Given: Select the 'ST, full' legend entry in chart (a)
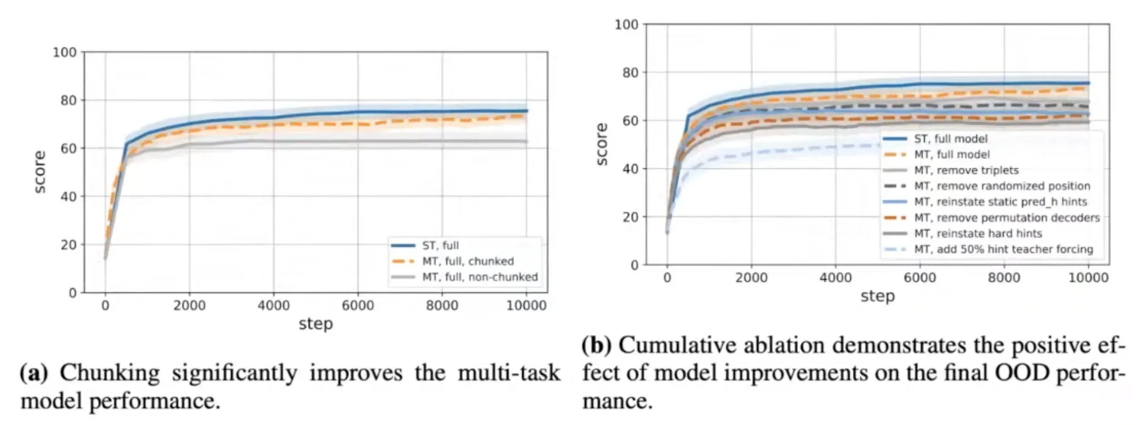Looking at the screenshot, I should coord(440,245).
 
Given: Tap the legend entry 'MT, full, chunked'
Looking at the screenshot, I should coord(468,261).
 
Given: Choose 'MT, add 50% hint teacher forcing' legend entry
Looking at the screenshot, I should coord(1004,249).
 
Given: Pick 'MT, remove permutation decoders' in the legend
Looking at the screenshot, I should coord(1007,218).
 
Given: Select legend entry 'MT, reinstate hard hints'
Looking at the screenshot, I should coord(978,233).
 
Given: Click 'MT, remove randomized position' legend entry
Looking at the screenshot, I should coord(1002,186).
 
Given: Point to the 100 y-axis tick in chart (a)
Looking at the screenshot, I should coord(65,52).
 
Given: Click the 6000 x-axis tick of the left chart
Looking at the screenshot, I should coord(358,305).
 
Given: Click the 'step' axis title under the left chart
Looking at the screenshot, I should coord(316,324).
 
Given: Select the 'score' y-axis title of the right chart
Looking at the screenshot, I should coord(601,144).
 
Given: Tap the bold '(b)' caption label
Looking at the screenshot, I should coord(596,345).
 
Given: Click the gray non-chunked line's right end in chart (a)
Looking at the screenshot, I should coord(527,141).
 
